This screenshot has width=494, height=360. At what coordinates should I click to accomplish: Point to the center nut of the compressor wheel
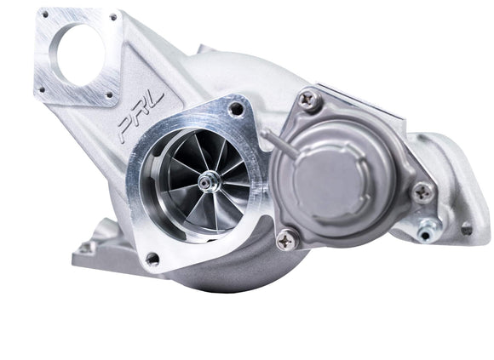pyautogui.click(x=207, y=182)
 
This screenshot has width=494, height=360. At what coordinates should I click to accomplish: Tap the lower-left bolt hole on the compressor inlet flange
pyautogui.click(x=152, y=257)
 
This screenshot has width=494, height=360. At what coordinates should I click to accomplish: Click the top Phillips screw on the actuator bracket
pyautogui.click(x=308, y=101)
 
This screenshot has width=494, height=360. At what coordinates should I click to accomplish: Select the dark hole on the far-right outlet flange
pyautogui.click(x=465, y=228)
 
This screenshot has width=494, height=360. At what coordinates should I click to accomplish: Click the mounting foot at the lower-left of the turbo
pyautogui.click(x=87, y=248)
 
